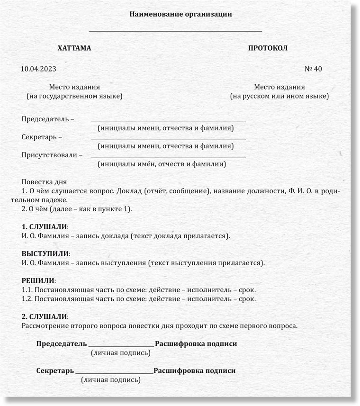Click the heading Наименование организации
(180, 14)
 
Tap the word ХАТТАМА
(74, 48)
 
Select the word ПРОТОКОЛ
(268, 48)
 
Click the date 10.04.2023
(38, 69)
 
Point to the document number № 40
(313, 69)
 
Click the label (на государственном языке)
(74, 96)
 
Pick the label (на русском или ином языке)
(279, 96)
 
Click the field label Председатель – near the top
(48, 118)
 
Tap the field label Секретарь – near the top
(42, 137)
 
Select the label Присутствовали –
(52, 155)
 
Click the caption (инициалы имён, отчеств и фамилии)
(162, 164)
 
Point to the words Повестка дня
(44, 181)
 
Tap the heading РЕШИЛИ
(38, 281)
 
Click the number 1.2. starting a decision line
(27, 299)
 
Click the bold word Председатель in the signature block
(62, 343)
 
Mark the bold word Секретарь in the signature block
(55, 370)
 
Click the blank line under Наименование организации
(175, 31)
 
